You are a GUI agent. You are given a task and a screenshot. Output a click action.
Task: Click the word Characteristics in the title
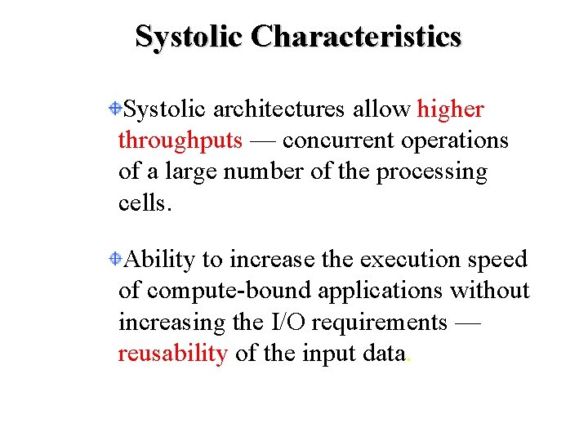pyautogui.click(x=356, y=36)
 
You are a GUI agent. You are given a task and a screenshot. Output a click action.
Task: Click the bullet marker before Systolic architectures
pyautogui.click(x=118, y=108)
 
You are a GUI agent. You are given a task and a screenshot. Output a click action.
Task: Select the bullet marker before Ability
pyautogui.click(x=118, y=259)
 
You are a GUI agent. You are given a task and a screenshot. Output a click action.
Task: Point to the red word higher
pyautogui.click(x=450, y=109)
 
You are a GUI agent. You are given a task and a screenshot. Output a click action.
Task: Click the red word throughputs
pyautogui.click(x=180, y=140)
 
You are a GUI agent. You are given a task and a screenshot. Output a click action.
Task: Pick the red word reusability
pyautogui.click(x=172, y=354)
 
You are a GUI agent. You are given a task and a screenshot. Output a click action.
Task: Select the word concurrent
pyautogui.click(x=337, y=140)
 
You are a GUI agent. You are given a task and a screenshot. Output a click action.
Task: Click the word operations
pyautogui.click(x=455, y=140)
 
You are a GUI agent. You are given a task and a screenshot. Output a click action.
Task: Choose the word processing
pyautogui.click(x=430, y=172)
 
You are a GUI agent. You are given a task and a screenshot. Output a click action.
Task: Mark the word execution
pyautogui.click(x=411, y=260)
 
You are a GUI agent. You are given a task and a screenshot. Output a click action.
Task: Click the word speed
pyautogui.click(x=498, y=260)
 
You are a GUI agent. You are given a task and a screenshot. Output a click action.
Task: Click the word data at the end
pyautogui.click(x=381, y=354)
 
